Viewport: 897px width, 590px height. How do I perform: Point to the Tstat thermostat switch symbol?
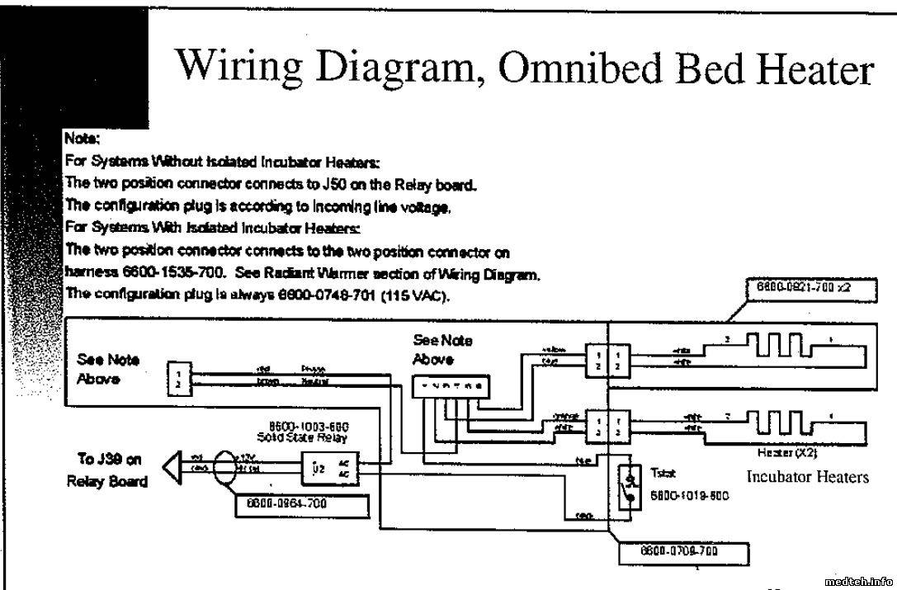click(x=630, y=489)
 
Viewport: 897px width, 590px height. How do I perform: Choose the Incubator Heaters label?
click(x=808, y=477)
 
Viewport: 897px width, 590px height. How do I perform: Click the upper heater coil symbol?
click(x=776, y=346)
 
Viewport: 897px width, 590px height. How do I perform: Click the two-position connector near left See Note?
click(x=179, y=377)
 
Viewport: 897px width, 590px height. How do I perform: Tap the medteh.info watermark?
click(x=858, y=581)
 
